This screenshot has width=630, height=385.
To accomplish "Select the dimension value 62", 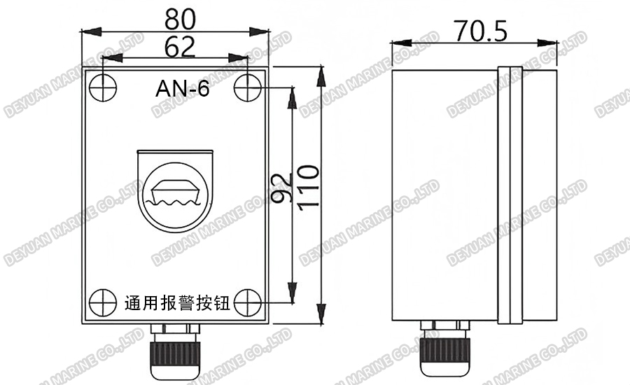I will [x=176, y=47].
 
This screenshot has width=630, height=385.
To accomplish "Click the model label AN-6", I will [x=181, y=89].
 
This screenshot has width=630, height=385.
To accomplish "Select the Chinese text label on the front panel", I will [x=177, y=304].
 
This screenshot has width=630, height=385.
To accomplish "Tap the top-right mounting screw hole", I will [x=247, y=87].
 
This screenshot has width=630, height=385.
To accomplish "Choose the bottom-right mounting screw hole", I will [x=247, y=302].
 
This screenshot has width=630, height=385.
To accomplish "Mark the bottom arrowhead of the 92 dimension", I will [x=293, y=297].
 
